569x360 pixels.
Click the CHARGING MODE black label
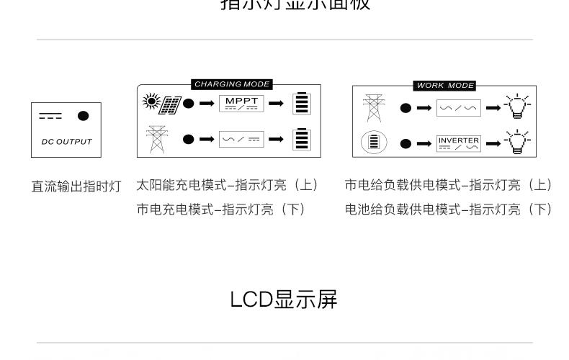coord(231,84)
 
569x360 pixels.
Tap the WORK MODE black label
coord(445,85)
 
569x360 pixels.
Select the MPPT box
coord(241,103)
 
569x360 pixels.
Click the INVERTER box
coord(458,143)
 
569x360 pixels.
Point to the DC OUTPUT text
coord(66,142)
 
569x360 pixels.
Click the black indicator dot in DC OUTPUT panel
coord(84,115)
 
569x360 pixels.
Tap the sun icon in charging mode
coord(151,102)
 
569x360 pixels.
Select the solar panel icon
coord(170,104)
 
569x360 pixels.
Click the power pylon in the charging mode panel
coord(156,138)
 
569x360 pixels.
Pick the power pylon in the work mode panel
coord(373,107)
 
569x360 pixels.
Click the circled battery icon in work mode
coord(373,142)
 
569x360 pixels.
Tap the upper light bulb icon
coord(516,107)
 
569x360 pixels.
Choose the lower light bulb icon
coord(516,142)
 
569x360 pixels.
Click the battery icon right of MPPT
coord(302,103)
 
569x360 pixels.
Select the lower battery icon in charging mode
coord(302,138)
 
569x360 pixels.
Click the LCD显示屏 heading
coord(284,300)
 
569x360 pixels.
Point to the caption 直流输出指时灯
coord(76,186)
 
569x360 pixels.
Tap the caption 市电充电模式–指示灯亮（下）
coord(221,210)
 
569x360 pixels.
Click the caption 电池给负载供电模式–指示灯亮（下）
coord(448,210)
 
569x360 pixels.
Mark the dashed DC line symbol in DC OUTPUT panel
coord(50,116)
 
